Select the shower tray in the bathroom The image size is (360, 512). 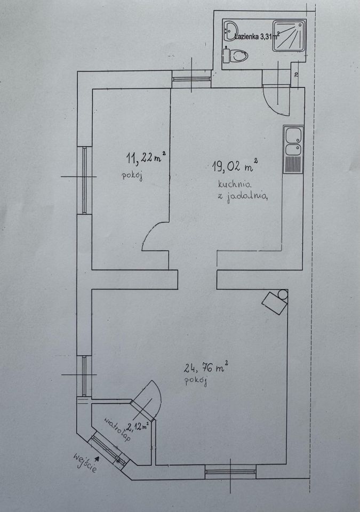pyautogui.click(x=290, y=36)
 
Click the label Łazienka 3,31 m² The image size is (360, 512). pyautogui.click(x=257, y=36)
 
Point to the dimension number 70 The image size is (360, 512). pyautogui.click(x=297, y=75)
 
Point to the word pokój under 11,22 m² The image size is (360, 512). pyautogui.click(x=132, y=176)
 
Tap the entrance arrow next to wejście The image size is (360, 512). pyautogui.click(x=97, y=459)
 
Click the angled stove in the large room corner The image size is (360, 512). pyautogui.click(x=275, y=302)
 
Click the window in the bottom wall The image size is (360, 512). pyautogui.click(x=230, y=471)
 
